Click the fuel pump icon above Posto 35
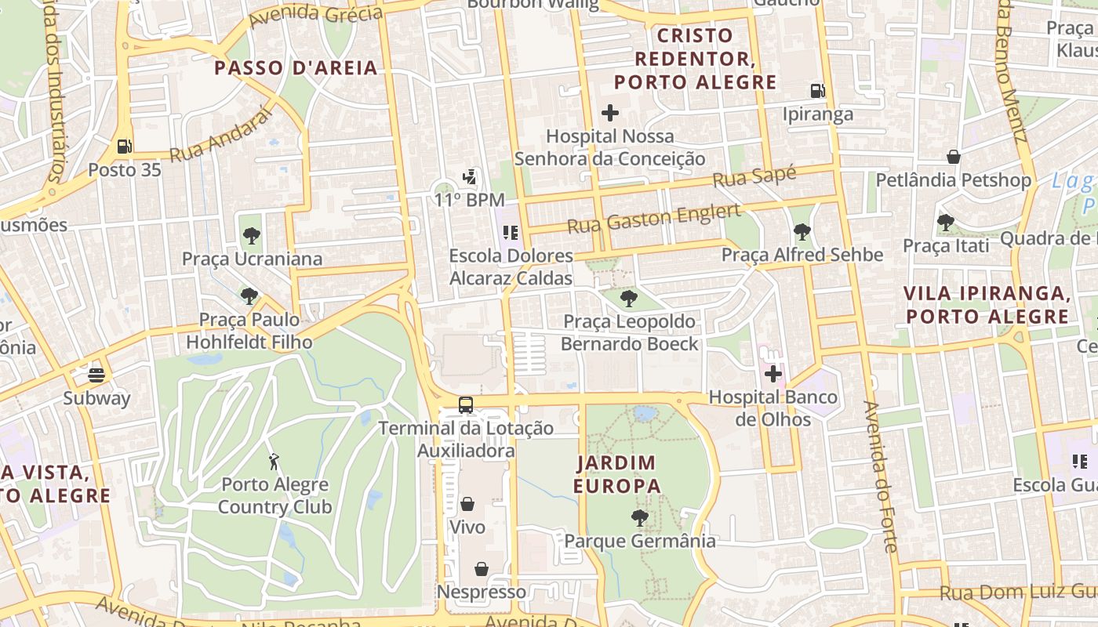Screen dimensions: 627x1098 (124, 146)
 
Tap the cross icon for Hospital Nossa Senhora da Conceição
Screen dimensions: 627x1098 (609, 113)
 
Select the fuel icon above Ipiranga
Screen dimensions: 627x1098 (817, 91)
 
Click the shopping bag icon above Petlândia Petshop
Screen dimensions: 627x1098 (953, 157)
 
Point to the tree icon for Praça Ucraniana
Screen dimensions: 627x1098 (251, 235)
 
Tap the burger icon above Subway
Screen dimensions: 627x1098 (96, 375)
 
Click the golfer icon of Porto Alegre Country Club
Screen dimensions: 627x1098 (274, 461)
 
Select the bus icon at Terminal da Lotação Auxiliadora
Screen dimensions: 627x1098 (466, 405)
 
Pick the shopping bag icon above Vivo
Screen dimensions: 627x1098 (467, 503)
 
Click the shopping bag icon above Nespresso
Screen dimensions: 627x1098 (481, 568)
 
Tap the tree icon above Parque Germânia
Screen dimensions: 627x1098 (640, 517)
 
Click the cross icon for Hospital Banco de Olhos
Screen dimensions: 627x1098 (773, 374)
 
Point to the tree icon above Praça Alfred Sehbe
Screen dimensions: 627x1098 (802, 232)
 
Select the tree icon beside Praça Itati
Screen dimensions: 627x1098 (945, 223)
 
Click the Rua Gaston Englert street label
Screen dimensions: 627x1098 (653, 219)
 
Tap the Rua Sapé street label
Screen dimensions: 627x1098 (754, 176)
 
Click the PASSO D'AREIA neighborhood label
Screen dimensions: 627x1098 (296, 68)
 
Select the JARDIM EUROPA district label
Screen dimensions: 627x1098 (616, 474)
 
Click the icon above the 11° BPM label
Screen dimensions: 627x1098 (469, 177)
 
